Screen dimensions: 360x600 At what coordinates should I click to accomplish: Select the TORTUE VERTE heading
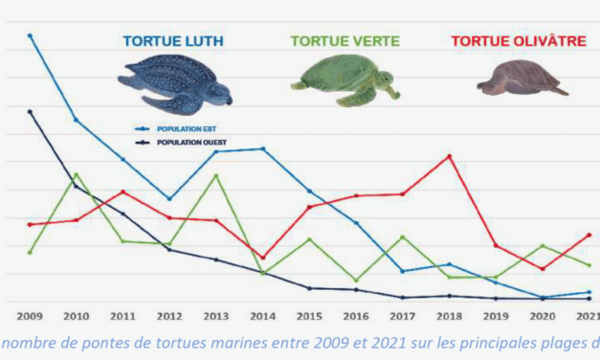(x=344, y=40)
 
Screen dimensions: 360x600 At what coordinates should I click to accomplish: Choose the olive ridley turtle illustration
(x=520, y=79)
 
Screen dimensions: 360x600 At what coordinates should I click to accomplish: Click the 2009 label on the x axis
(x=30, y=317)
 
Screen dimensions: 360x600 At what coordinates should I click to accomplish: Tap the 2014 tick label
(x=263, y=317)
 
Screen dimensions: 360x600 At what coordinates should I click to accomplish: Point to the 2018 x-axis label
(x=449, y=317)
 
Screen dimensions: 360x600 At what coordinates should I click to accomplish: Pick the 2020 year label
(x=543, y=317)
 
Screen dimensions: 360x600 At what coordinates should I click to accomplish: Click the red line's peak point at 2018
(x=449, y=156)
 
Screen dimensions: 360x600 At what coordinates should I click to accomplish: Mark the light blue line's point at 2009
(x=30, y=35)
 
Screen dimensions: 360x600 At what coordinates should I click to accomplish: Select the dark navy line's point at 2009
(x=30, y=111)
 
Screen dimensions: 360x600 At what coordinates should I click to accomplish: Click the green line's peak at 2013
(x=216, y=176)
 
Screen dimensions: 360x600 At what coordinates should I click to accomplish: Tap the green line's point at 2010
(x=77, y=174)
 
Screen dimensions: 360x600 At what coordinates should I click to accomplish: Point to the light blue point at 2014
(x=263, y=148)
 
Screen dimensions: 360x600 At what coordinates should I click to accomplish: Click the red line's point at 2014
(x=263, y=258)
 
